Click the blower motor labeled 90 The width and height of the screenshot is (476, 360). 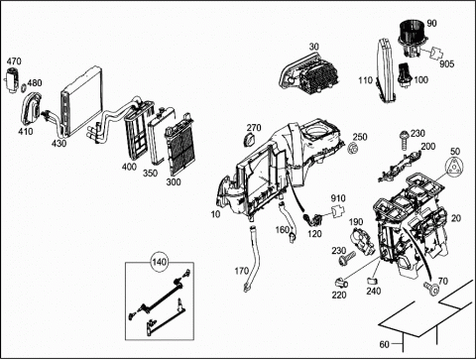[x=412, y=38]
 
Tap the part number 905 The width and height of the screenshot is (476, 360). [x=446, y=63]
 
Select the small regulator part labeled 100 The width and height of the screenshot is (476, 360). [x=404, y=74]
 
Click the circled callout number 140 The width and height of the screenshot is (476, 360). [x=159, y=262]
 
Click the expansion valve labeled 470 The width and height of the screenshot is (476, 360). [x=12, y=79]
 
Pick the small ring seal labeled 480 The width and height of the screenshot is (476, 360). [x=24, y=88]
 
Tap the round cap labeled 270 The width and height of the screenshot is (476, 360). [x=249, y=140]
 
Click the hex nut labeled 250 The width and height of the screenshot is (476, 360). [x=352, y=148]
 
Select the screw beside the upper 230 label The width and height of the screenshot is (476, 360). [x=403, y=140]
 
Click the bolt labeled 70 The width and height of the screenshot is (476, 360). [x=431, y=288]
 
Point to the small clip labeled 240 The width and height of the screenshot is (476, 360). [x=372, y=282]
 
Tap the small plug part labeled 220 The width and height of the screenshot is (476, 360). [x=340, y=283]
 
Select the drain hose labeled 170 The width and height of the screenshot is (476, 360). [x=253, y=257]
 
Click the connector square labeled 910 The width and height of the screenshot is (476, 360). [x=337, y=211]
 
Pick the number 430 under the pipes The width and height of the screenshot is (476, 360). [x=59, y=144]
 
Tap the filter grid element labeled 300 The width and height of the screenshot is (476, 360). [x=179, y=145]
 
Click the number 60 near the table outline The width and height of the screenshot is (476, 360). [x=384, y=344]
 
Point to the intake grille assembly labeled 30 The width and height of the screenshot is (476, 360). [x=308, y=74]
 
